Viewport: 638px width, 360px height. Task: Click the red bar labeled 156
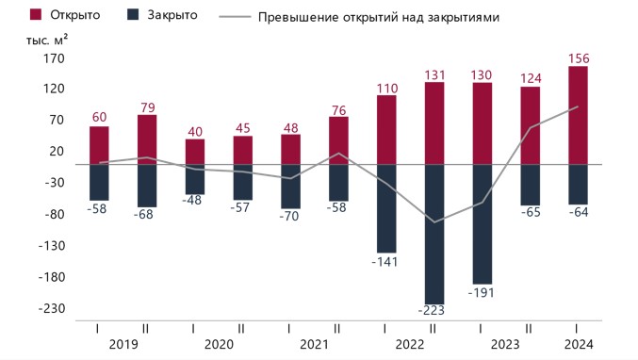click(x=578, y=115)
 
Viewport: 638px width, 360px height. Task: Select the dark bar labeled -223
click(x=434, y=235)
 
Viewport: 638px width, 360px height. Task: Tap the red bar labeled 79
click(x=147, y=139)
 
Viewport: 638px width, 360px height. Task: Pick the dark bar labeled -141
click(x=386, y=208)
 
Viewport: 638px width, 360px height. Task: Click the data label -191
click(x=482, y=292)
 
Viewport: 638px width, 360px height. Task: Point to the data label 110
click(x=387, y=89)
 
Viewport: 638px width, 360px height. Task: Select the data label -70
click(x=289, y=216)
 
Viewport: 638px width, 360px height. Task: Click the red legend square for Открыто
click(x=36, y=15)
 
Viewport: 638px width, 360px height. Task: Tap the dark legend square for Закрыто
click(x=133, y=15)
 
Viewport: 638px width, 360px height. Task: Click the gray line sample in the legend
click(x=235, y=17)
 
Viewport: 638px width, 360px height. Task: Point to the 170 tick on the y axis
click(x=54, y=58)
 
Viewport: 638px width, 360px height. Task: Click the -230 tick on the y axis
click(x=52, y=308)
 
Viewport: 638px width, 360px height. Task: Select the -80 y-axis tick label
click(x=55, y=214)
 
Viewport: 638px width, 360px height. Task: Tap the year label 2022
click(x=410, y=345)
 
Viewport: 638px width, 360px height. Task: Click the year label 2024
click(x=579, y=345)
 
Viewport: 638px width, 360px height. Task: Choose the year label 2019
click(x=123, y=345)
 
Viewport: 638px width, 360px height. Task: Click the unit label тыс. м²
click(x=47, y=40)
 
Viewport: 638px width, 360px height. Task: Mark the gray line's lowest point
click(x=434, y=222)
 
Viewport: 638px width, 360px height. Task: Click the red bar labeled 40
click(x=195, y=152)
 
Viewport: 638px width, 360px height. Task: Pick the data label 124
click(x=531, y=78)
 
